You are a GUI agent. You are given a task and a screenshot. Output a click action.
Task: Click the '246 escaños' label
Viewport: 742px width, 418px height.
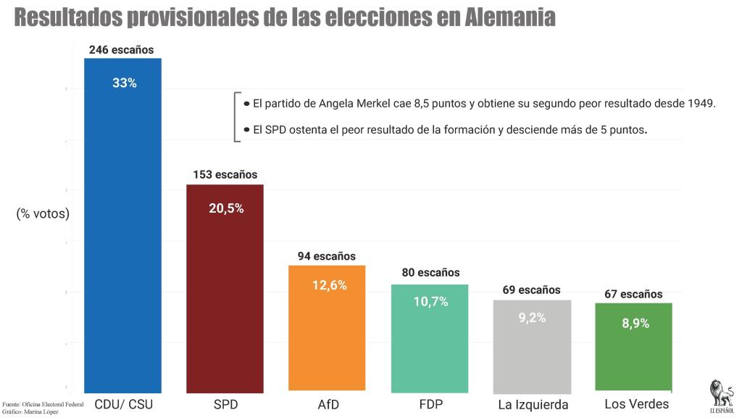[x=122, y=50]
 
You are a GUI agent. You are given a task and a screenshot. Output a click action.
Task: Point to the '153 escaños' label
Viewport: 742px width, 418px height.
[x=225, y=175]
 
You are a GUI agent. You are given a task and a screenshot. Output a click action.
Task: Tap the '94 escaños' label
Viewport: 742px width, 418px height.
[x=327, y=256]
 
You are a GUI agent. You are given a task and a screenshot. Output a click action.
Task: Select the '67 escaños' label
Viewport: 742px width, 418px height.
[x=633, y=294]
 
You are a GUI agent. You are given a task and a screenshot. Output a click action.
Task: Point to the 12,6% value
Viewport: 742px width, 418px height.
[x=329, y=285]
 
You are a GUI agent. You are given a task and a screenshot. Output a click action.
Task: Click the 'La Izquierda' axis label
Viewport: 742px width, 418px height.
[x=533, y=404]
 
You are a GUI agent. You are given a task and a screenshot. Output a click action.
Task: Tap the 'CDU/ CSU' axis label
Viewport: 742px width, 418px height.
[x=124, y=403]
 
